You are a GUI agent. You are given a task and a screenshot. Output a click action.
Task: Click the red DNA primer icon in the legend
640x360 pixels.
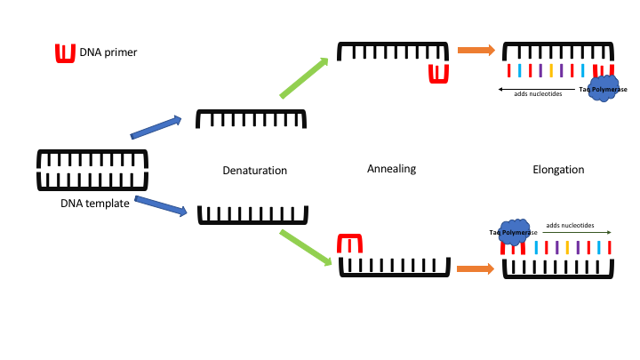click(x=65, y=53)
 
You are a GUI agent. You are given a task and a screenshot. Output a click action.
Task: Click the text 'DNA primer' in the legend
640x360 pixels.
click(x=108, y=52)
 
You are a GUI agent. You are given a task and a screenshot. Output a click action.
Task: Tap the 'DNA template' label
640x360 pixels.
click(x=94, y=204)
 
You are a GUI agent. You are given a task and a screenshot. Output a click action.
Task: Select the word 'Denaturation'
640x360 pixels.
click(x=255, y=170)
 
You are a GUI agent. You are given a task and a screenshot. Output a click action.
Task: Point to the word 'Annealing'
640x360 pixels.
click(x=391, y=168)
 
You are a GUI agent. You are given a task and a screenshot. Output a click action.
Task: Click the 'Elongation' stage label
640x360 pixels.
click(x=558, y=169)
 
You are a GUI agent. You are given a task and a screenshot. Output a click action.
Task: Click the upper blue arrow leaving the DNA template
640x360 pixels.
click(x=156, y=128)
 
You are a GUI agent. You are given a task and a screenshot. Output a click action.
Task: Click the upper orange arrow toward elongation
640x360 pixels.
click(x=476, y=50)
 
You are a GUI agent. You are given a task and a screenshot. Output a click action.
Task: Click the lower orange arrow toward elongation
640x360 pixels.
click(x=475, y=268)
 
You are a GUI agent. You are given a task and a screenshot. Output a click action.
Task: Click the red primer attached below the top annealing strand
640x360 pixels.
click(x=437, y=72)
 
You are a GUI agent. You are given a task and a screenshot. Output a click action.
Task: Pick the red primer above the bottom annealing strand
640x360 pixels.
click(x=349, y=244)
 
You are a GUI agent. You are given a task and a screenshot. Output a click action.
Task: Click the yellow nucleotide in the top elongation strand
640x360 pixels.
click(x=551, y=70)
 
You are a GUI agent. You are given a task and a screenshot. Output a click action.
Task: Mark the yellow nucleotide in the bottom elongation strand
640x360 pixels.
click(x=567, y=247)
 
